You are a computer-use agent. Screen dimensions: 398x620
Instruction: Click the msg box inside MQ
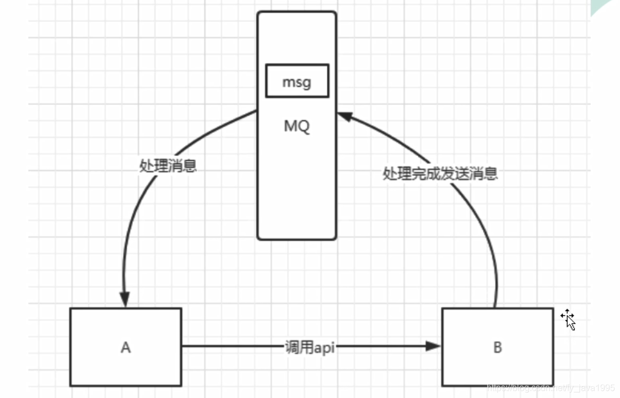pyautogui.click(x=297, y=81)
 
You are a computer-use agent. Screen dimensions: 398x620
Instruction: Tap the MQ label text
pyautogui.click(x=297, y=126)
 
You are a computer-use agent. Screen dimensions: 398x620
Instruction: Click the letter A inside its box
pyautogui.click(x=126, y=348)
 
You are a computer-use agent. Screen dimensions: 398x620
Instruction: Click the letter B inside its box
pyautogui.click(x=498, y=348)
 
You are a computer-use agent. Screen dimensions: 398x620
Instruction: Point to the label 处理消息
pyautogui.click(x=168, y=166)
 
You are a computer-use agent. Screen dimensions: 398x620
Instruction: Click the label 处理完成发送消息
pyautogui.click(x=440, y=174)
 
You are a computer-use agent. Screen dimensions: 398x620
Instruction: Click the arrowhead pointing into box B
pyautogui.click(x=434, y=346)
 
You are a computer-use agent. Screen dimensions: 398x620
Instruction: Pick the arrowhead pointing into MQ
pyautogui.click(x=344, y=116)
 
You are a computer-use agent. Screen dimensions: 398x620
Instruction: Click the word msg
pyautogui.click(x=297, y=82)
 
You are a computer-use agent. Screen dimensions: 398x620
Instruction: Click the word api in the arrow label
pyautogui.click(x=324, y=347)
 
